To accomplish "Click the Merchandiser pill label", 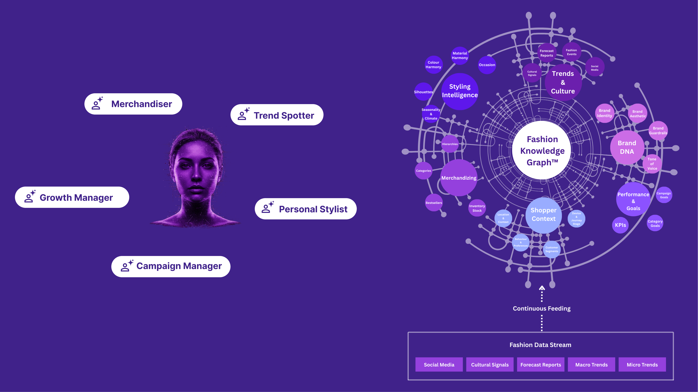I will pos(133,104).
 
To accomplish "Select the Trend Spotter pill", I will pos(277,115).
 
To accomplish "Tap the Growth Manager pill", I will pos(72,197).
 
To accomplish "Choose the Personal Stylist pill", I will pos(306,209).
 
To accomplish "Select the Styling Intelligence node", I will pos(460,91).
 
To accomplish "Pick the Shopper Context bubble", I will pos(544,215).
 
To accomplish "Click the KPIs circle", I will pos(620,225).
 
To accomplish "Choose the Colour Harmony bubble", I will pos(433,65).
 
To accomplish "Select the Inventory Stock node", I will pos(477,208).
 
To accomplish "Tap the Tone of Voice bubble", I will pos(652,164).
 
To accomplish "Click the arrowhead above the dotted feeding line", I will pos(542,288).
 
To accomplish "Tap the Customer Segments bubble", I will pos(552,249).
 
